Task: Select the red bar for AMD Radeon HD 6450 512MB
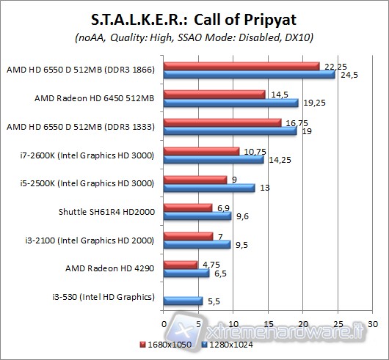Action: (214, 94)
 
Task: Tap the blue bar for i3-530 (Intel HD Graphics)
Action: (183, 301)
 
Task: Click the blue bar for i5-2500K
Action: (209, 188)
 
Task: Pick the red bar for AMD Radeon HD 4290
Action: (180, 264)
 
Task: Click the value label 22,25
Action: (330, 65)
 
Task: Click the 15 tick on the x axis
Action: (268, 323)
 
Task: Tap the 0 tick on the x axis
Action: (163, 323)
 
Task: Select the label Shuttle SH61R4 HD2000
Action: (106, 212)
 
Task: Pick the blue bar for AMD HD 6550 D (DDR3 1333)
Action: (230, 131)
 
